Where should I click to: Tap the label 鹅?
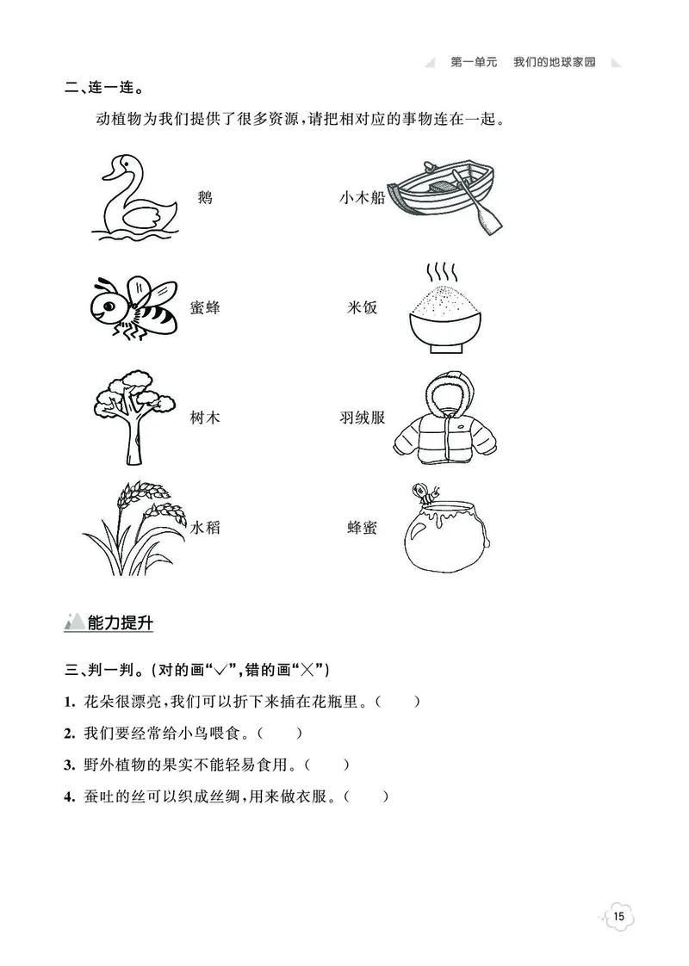[x=204, y=198]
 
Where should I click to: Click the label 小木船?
[x=362, y=198]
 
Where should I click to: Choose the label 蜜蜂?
[x=205, y=307]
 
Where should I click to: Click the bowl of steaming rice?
[x=443, y=310]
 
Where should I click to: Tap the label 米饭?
[x=363, y=307]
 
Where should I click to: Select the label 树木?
[x=205, y=418]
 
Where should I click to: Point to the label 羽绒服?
[x=363, y=418]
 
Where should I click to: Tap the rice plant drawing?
[x=135, y=527]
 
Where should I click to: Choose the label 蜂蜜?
[x=363, y=528]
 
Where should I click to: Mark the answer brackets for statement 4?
[x=366, y=797]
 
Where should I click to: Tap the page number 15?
[x=620, y=917]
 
